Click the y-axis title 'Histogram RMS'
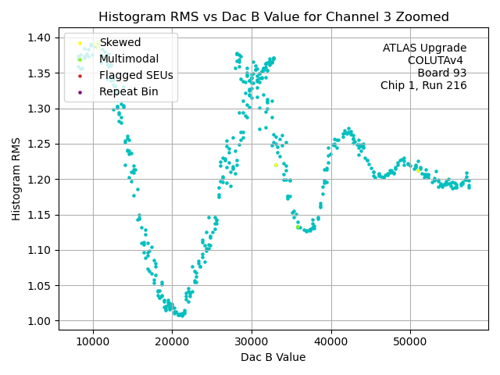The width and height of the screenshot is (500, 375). (x=16, y=179)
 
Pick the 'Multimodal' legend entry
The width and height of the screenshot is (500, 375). (x=128, y=59)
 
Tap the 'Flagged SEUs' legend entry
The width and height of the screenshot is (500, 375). (x=136, y=75)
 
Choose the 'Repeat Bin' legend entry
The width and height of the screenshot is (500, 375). (x=128, y=92)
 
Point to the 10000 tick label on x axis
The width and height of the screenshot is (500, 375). (x=93, y=342)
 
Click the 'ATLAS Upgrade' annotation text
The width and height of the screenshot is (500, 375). (x=424, y=48)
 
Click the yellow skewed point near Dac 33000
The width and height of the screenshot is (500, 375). (x=276, y=165)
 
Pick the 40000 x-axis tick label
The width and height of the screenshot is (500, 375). (x=330, y=342)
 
